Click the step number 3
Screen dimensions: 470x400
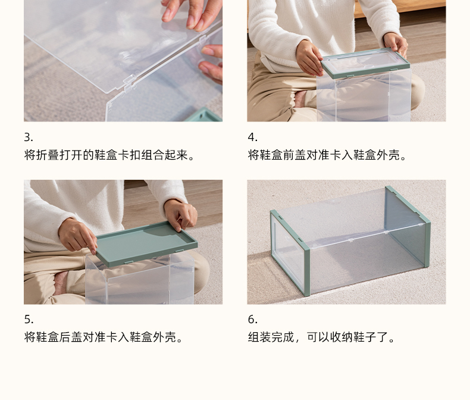click(28, 137)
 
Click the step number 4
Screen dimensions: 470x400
click(252, 137)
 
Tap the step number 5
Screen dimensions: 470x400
click(29, 319)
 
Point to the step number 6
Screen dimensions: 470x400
click(252, 319)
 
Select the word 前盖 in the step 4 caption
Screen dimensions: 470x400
click(294, 155)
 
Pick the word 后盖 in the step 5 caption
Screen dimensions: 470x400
click(70, 337)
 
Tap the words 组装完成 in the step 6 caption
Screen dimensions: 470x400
click(271, 337)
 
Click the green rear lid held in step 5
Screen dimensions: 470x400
click(146, 243)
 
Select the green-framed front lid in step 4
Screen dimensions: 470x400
click(365, 62)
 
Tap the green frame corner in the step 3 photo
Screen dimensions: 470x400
click(204, 115)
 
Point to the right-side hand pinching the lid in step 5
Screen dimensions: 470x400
click(181, 214)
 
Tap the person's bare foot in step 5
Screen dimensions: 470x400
click(61, 283)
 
